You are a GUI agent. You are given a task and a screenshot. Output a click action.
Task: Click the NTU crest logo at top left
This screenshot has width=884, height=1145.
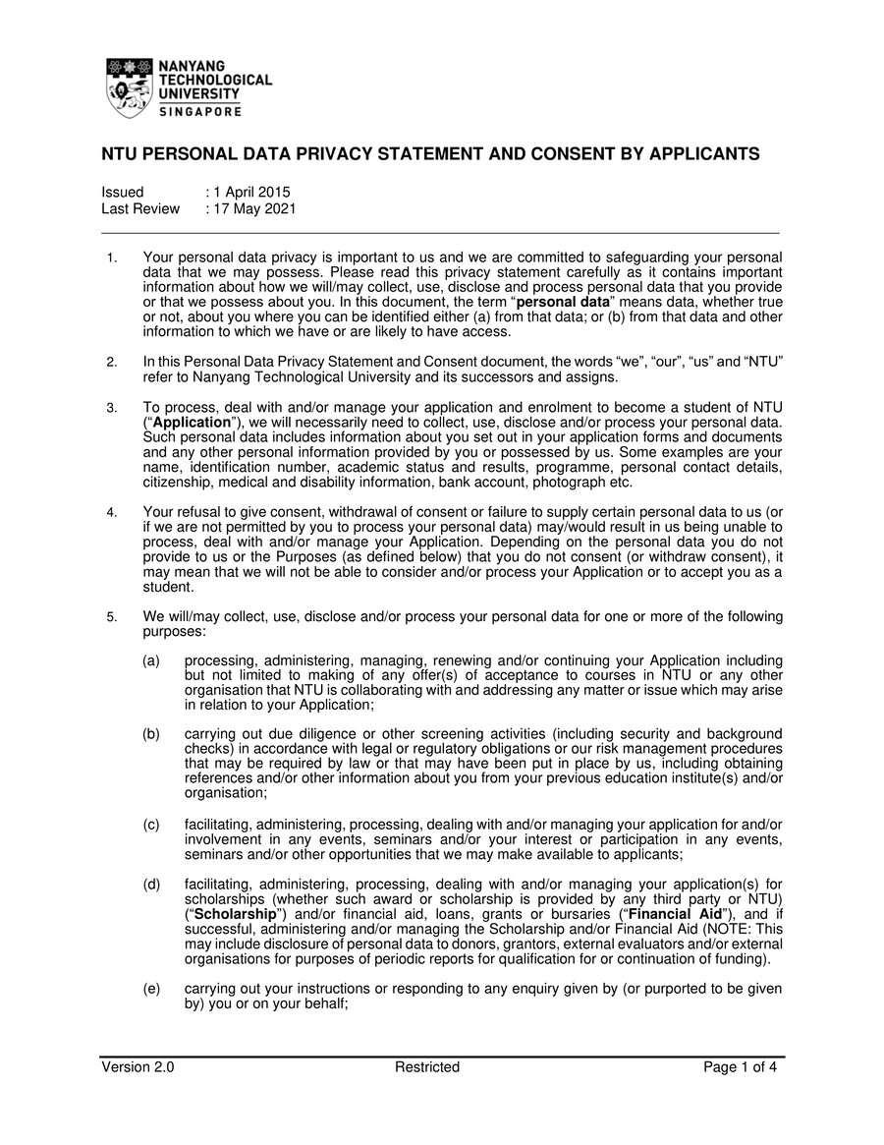[130, 88]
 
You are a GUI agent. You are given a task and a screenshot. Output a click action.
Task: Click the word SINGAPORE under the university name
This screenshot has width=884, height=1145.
[200, 112]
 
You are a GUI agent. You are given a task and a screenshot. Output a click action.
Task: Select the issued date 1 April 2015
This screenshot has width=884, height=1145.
[251, 192]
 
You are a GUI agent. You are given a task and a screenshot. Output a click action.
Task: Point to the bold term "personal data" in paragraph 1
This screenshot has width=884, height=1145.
[563, 302]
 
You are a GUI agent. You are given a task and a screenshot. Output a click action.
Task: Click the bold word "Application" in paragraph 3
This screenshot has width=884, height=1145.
[192, 422]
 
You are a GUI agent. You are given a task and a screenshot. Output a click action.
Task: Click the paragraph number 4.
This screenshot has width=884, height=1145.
[112, 512]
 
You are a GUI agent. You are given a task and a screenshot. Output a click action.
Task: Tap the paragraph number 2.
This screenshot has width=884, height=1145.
[112, 362]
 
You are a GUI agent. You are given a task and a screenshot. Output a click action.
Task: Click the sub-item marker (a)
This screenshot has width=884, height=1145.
[151, 660]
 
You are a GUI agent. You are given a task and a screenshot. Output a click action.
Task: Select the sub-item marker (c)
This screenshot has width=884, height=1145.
[151, 825]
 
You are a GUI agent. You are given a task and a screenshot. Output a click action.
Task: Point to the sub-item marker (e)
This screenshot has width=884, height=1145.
[151, 989]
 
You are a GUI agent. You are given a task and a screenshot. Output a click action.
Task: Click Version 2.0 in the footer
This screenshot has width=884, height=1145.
[138, 1067]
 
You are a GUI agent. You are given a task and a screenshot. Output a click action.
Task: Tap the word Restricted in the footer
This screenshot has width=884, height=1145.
[427, 1067]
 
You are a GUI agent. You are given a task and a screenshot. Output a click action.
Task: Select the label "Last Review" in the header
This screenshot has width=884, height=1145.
[140, 208]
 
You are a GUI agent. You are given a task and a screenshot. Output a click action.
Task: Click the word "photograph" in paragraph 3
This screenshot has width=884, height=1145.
[569, 482]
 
